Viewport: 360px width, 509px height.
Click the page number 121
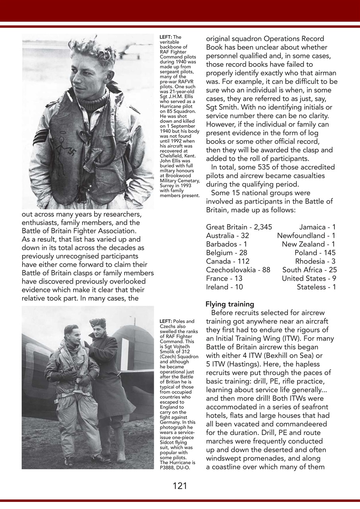point(180,486)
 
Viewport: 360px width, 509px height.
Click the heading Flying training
point(230,304)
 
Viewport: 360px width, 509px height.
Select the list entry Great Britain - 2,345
point(239,227)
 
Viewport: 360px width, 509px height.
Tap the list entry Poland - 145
point(315,253)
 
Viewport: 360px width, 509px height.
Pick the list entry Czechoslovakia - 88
point(238,270)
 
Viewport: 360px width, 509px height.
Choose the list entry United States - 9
point(308,278)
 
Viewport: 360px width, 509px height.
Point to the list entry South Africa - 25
point(309,270)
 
